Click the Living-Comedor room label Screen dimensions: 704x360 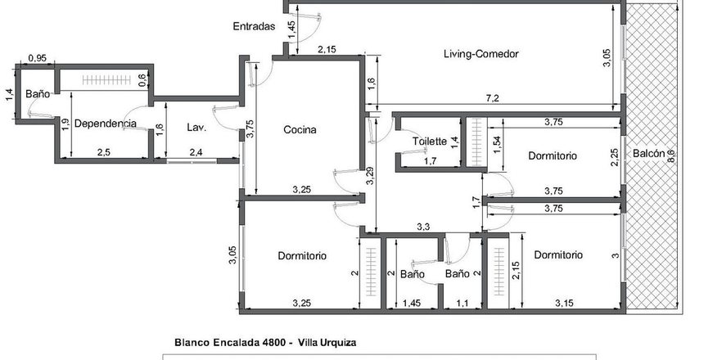pos(481,54)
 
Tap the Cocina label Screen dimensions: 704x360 pos(300,130)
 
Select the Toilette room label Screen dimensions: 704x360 pos(430,142)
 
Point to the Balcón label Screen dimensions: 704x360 pos(649,154)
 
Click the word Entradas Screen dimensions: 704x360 pos(254,26)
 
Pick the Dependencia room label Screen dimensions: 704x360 pos(105,124)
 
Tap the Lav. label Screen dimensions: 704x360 pos(196,128)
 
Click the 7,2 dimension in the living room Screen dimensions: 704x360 pos(493,99)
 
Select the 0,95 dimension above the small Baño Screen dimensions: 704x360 pos(38,58)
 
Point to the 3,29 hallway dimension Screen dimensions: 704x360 pos(369,176)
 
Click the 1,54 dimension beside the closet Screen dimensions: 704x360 pos(497,145)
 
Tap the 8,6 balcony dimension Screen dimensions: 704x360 pos(671,155)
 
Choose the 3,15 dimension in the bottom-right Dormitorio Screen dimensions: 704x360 pos(564,304)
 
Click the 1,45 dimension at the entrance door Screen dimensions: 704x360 pos(292,29)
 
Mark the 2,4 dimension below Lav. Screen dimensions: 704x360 pos(196,152)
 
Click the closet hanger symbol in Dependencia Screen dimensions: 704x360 pos(106,80)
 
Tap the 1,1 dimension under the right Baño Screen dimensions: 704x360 pos(462,304)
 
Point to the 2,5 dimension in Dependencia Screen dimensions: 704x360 pos(103,152)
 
